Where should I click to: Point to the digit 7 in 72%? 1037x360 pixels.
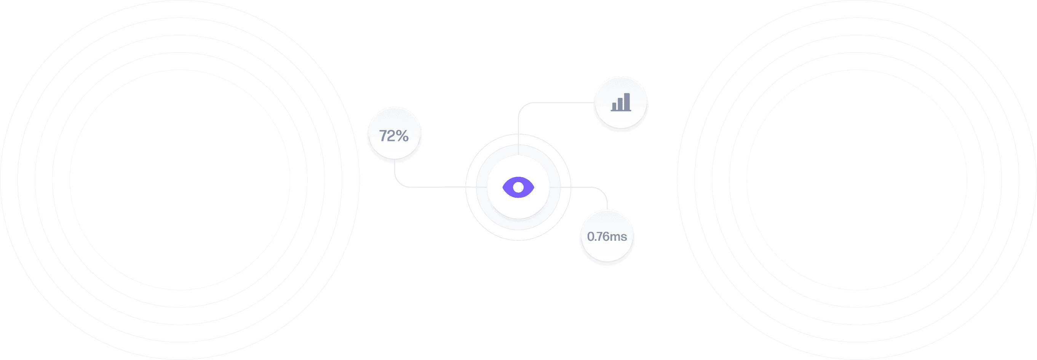point(383,136)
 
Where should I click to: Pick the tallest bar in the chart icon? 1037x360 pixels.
point(627,101)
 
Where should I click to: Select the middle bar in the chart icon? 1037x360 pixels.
point(620,104)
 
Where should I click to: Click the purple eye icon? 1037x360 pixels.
point(518,187)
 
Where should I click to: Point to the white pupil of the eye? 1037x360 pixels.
point(518,187)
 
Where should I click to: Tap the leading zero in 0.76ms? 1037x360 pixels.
point(591,237)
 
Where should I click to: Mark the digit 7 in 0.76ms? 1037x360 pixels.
point(598,237)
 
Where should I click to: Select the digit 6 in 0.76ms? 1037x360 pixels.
point(605,237)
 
